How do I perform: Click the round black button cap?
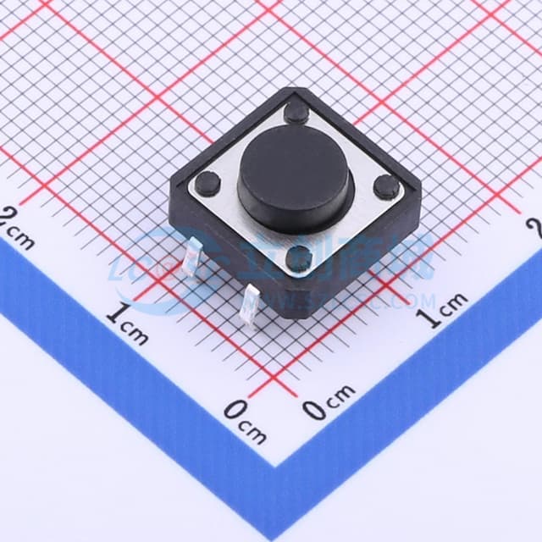[x=294, y=180]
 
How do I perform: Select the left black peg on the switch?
[x=207, y=180]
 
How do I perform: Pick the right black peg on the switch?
[x=386, y=187]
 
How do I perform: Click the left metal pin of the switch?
[x=193, y=255]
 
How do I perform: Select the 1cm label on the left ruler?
[x=128, y=323]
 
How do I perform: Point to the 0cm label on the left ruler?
[x=245, y=421]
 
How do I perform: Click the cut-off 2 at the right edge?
[x=535, y=227]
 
